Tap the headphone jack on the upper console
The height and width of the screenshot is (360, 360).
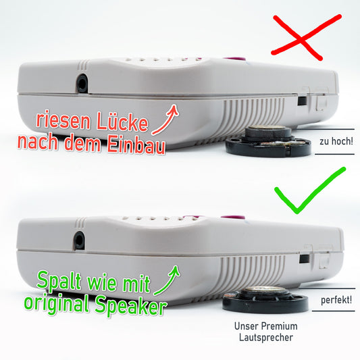82,83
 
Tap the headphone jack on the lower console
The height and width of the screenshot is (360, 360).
79,240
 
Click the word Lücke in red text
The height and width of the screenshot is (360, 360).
122,122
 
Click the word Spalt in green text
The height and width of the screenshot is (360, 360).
59,280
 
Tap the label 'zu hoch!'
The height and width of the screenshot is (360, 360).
336,141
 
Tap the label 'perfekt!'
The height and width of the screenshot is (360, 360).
336,300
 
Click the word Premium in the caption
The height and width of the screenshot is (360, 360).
279,326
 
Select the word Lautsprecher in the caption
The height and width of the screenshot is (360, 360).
266,338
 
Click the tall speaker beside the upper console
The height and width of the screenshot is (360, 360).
268,141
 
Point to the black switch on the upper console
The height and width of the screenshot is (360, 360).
302,101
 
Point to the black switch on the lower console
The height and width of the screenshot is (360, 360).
305,259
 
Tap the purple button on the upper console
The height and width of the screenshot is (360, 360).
234,59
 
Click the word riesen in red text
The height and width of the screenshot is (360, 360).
63,120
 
